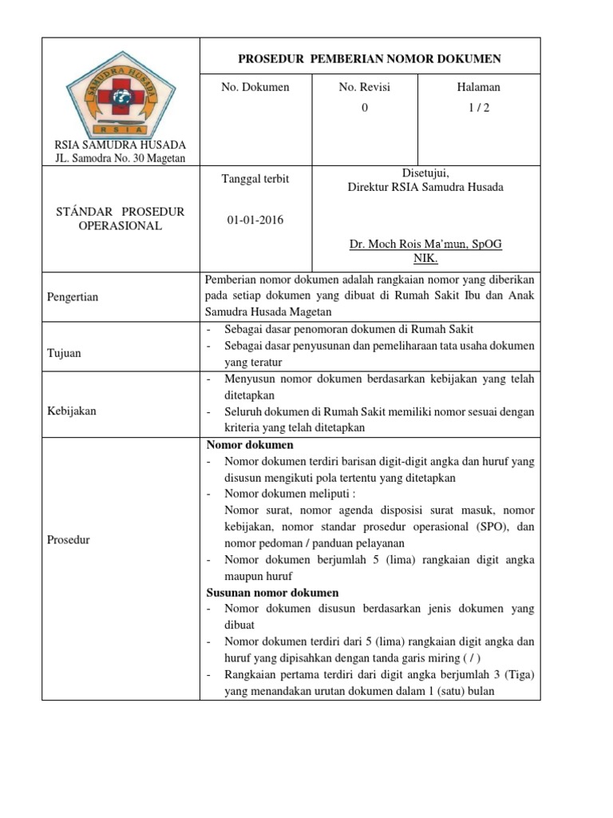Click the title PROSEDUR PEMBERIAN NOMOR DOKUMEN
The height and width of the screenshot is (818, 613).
370,59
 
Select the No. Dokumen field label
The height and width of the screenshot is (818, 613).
255,87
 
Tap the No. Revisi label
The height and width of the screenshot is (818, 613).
365,87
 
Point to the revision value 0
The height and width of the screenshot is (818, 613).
365,108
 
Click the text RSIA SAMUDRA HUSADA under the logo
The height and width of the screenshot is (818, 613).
120,145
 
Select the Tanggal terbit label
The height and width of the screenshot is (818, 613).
255,179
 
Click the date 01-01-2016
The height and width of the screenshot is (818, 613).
255,220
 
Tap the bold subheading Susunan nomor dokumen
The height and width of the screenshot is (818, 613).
272,593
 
